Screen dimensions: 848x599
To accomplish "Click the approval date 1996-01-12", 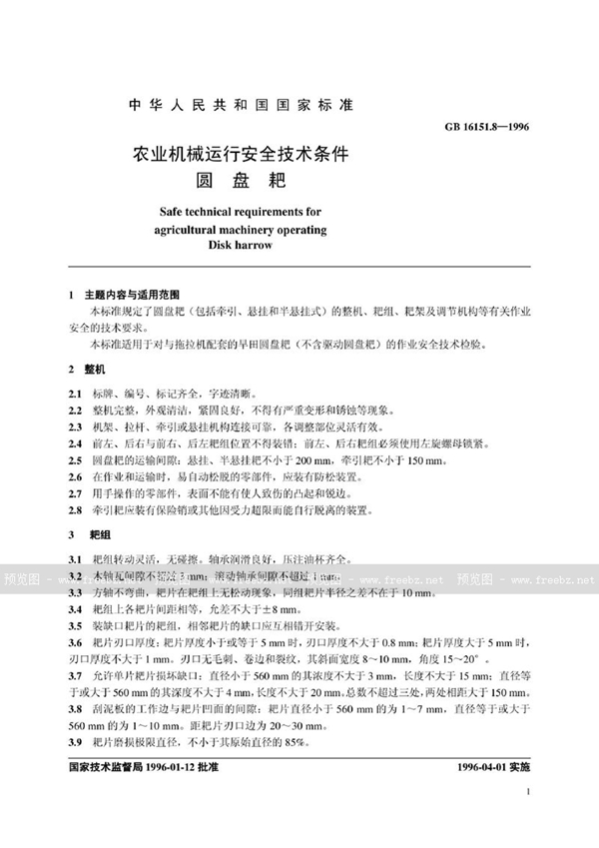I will pyautogui.click(x=173, y=770).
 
